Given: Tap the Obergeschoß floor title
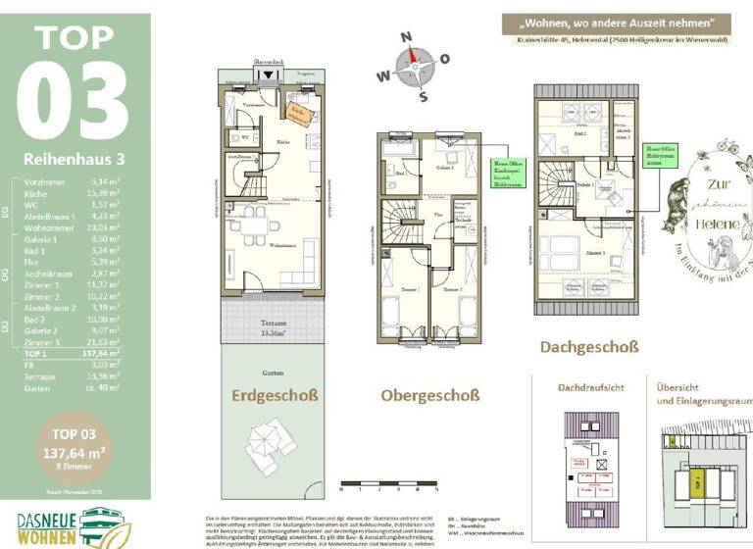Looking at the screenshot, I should (x=430, y=395).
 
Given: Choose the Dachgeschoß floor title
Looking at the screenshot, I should (x=588, y=346).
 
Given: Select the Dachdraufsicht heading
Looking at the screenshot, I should (x=590, y=388).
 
